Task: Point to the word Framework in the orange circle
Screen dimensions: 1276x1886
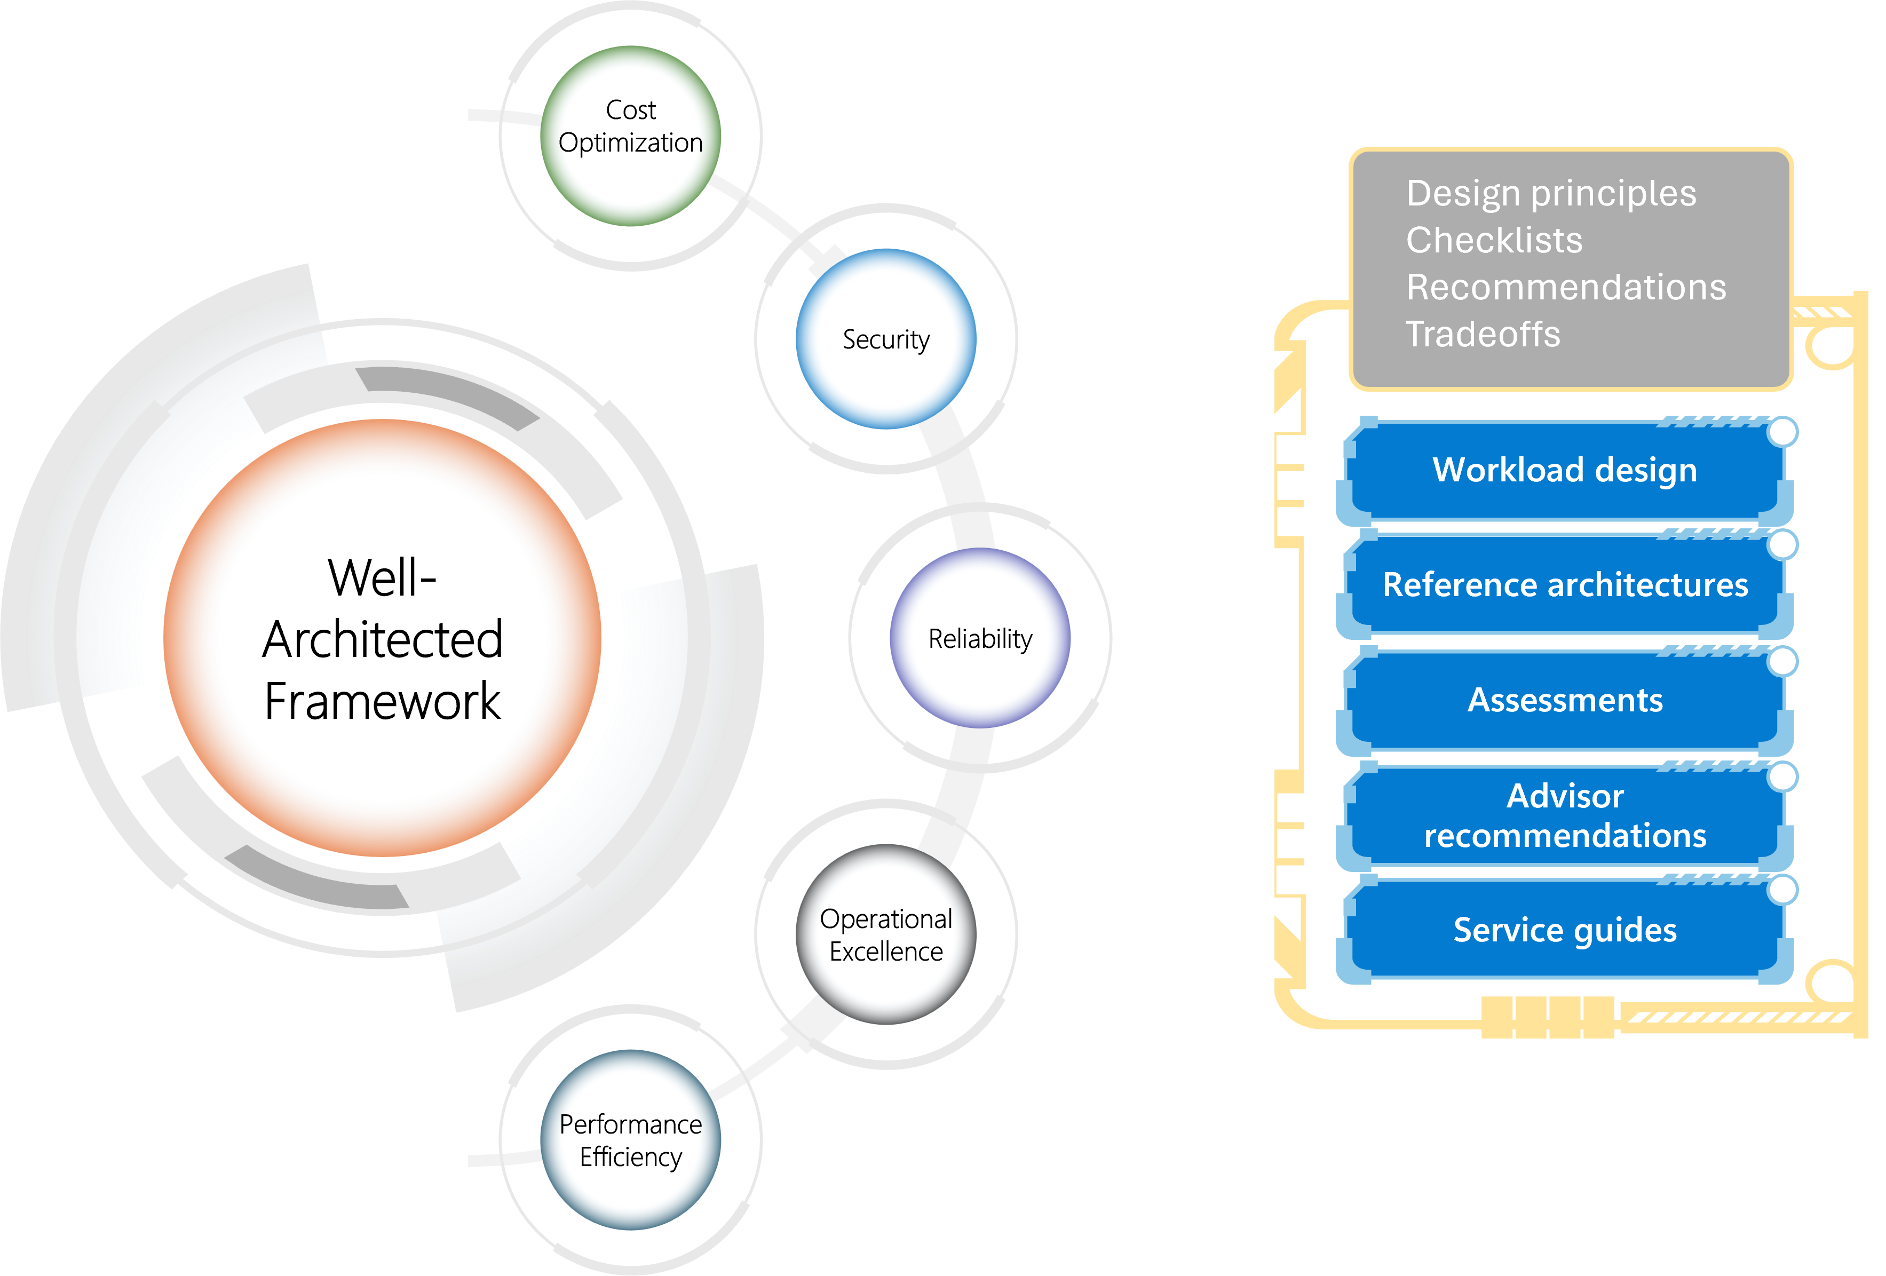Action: (x=382, y=701)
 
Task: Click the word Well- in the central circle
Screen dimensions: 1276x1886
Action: (x=382, y=578)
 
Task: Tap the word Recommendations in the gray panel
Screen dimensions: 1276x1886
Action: (x=1565, y=287)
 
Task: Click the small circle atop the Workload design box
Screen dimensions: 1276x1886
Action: (x=1782, y=432)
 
